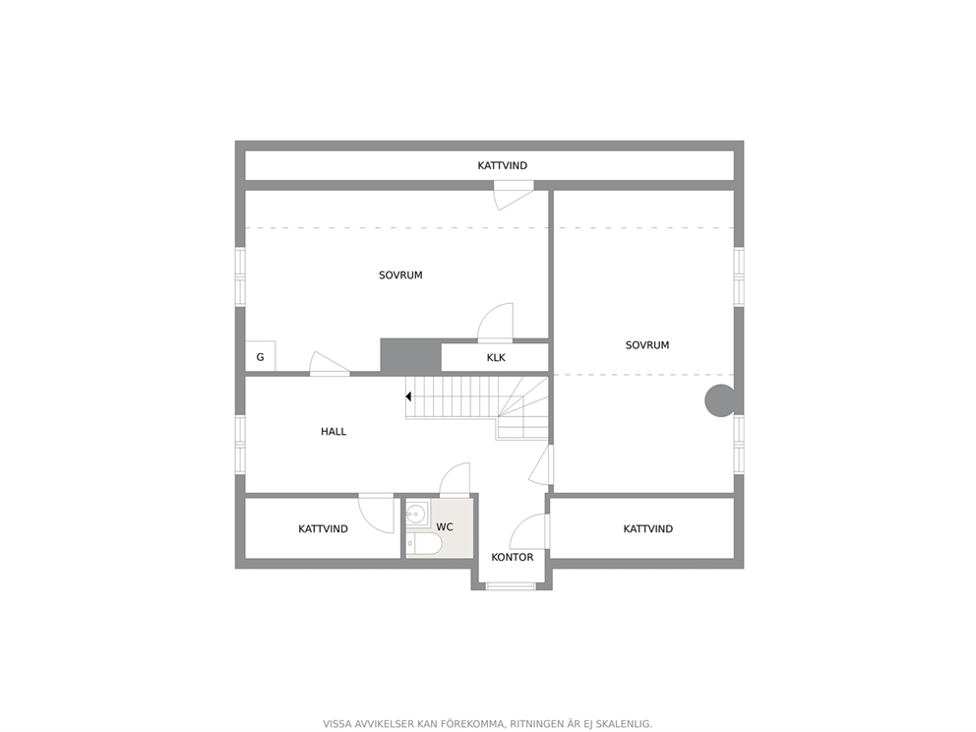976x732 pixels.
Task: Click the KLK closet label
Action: coord(496,358)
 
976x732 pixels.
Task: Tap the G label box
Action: coord(260,357)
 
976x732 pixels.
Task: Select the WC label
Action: coord(445,527)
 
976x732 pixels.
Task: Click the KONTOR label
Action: coord(513,557)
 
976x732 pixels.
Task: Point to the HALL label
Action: coord(334,431)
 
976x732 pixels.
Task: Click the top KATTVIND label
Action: coord(503,165)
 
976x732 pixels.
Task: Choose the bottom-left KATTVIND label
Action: coord(323,529)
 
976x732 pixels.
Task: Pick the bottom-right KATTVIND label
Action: coord(648,529)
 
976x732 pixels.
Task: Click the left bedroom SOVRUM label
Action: coord(400,275)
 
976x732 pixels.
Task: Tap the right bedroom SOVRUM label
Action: coord(647,345)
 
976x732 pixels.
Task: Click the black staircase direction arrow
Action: coord(409,396)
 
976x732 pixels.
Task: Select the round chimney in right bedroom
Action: coord(720,400)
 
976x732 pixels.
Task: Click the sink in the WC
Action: coord(416,515)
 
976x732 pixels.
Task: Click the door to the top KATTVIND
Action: coord(514,195)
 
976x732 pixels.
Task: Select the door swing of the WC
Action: coord(455,479)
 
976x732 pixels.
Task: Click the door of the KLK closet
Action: coord(495,323)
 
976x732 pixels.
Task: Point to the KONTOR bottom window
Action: coord(511,585)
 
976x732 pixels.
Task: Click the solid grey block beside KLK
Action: coord(411,357)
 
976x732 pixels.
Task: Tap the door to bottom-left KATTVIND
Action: coord(377,514)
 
